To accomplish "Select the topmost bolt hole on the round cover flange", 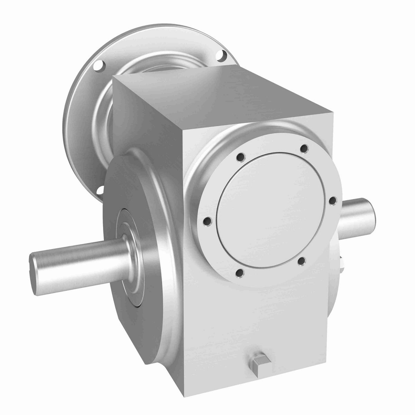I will point(304,148).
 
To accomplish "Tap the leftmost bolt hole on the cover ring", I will point(206,221).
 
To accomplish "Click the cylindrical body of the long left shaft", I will point(76,254).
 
